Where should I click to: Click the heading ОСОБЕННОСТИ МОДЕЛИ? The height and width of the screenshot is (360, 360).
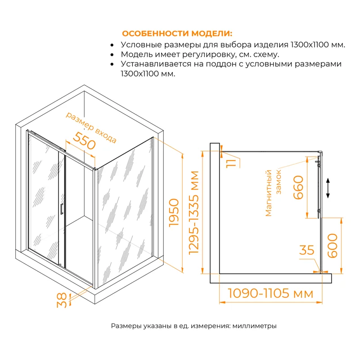click(x=178, y=34)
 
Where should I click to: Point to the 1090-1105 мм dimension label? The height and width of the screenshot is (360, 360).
click(x=270, y=294)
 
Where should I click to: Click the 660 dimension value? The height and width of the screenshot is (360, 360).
click(x=298, y=188)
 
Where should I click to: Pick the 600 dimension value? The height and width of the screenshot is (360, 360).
click(x=333, y=245)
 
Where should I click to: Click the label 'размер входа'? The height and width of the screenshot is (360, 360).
click(x=91, y=127)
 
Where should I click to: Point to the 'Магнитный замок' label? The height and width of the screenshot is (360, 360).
click(x=273, y=193)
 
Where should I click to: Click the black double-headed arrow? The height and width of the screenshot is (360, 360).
click(x=328, y=188)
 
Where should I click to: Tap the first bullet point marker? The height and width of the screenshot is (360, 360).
click(x=112, y=45)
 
